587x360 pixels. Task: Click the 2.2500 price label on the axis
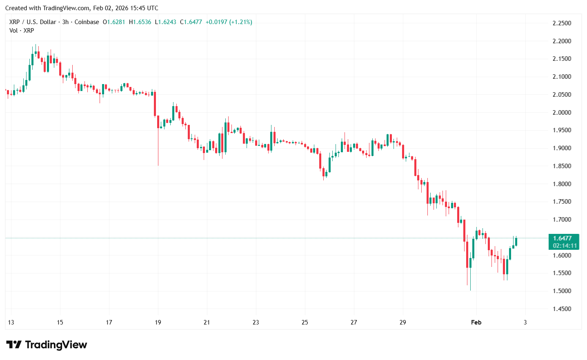click(x=562, y=23)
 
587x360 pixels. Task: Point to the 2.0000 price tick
click(x=562, y=113)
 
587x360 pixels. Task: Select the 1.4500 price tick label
click(x=562, y=309)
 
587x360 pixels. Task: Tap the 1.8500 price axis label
click(x=562, y=166)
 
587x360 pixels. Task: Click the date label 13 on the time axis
click(x=11, y=322)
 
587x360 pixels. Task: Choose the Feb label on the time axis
click(x=476, y=322)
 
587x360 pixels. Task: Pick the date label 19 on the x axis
click(x=158, y=322)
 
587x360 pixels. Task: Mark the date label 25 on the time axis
click(x=305, y=322)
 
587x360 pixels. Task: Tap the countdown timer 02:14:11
click(x=565, y=246)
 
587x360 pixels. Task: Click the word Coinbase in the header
click(x=87, y=22)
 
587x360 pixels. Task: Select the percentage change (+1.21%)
click(x=240, y=22)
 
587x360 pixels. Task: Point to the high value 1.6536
click(x=142, y=22)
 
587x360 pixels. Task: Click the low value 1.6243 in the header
click(x=167, y=22)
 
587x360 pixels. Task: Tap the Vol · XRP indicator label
click(x=22, y=31)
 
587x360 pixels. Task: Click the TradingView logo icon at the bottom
click(x=14, y=345)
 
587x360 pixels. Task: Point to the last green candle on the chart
click(x=516, y=242)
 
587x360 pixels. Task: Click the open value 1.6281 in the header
click(x=116, y=22)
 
